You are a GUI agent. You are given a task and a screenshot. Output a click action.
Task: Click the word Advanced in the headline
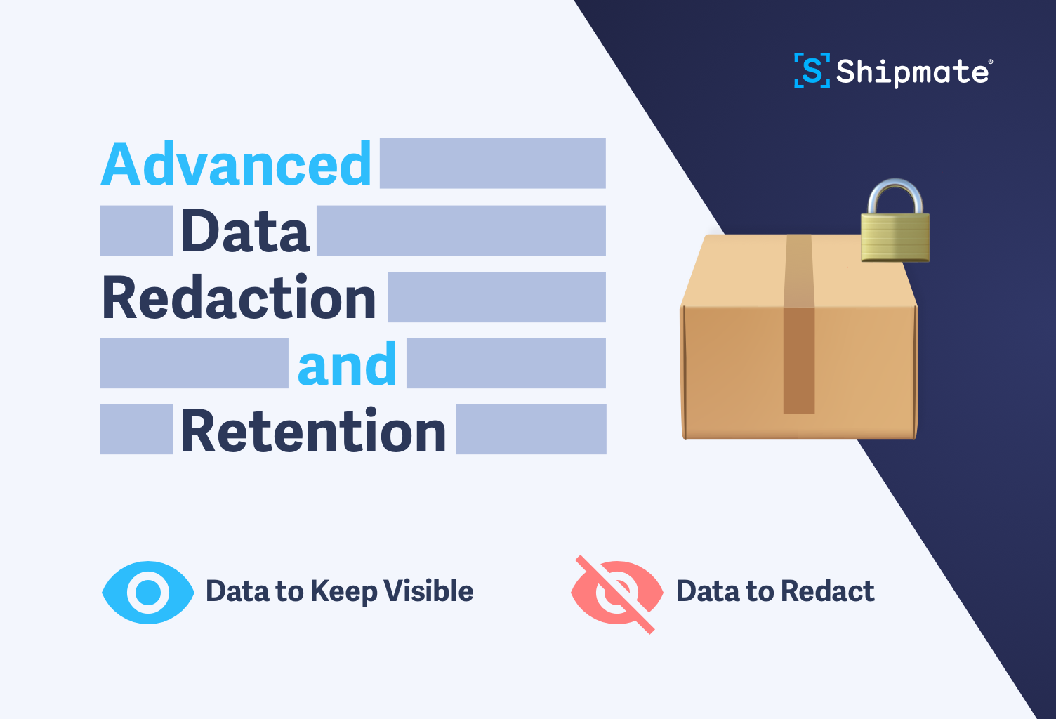pos(236,164)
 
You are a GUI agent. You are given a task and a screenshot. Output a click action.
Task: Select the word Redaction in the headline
pos(239,298)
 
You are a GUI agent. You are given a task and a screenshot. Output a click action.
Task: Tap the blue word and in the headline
pos(347,364)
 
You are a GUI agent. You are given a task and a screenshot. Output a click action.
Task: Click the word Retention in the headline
pos(313,430)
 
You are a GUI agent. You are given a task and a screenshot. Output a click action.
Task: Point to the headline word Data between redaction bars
pos(244,231)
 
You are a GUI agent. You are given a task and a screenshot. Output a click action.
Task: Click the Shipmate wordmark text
pos(913,72)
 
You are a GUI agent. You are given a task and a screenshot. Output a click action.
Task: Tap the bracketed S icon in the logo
pos(812,71)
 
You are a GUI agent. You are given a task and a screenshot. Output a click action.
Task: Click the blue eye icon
pos(148,592)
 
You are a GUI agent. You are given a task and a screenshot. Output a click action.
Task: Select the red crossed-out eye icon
pos(616,593)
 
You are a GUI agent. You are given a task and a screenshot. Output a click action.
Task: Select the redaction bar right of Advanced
pos(492,163)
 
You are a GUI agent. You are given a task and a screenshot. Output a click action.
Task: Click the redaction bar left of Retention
pos(136,429)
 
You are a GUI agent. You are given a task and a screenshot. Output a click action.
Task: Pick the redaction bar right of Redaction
pos(496,297)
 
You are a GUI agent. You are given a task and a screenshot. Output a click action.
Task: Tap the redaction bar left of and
pos(194,363)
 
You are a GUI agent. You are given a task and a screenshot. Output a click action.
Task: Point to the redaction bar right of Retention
pos(531,429)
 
